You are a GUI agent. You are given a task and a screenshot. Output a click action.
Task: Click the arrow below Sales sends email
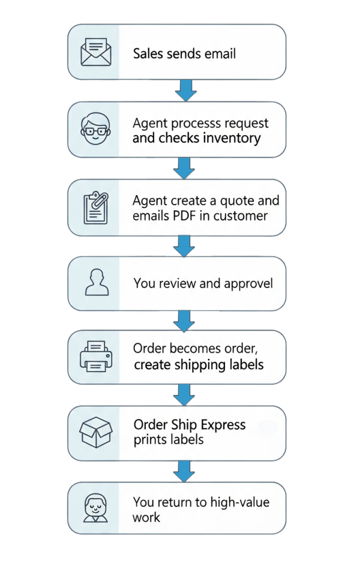tap(185, 91)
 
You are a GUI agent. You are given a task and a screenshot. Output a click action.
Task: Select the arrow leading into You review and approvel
tap(185, 244)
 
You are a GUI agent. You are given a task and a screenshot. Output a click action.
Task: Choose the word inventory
tap(231, 139)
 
